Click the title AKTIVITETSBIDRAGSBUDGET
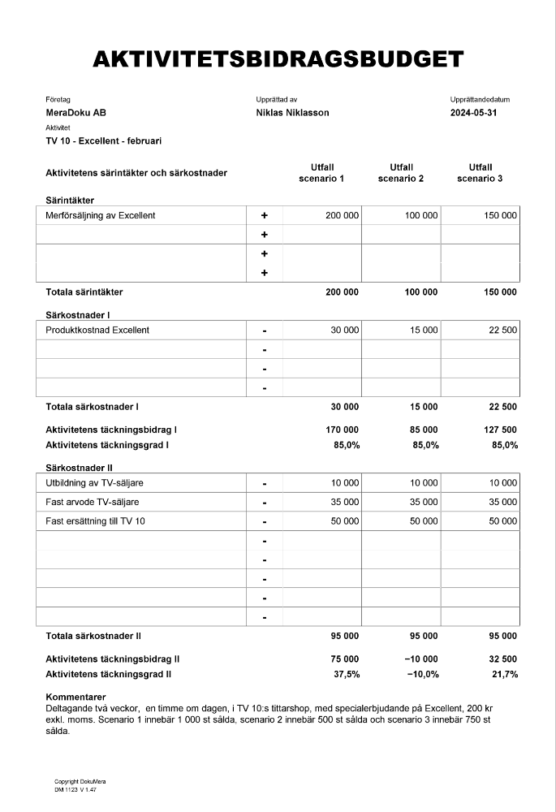coord(278,59)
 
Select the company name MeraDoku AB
coord(76,113)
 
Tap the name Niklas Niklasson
coord(292,113)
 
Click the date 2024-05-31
coord(473,113)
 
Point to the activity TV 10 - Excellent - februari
coord(103,140)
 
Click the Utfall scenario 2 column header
coord(400,173)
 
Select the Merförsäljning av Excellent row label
coord(100,215)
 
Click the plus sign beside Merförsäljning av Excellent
coord(264,216)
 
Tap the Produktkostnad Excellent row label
coord(97,330)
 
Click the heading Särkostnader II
coord(79,468)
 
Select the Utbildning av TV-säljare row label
coord(94,483)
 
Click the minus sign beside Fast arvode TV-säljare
coord(264,503)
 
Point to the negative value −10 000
coord(420,659)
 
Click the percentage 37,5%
coord(347,674)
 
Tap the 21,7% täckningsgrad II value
coord(504,674)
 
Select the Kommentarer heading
coord(75,698)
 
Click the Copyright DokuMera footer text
coord(80,782)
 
